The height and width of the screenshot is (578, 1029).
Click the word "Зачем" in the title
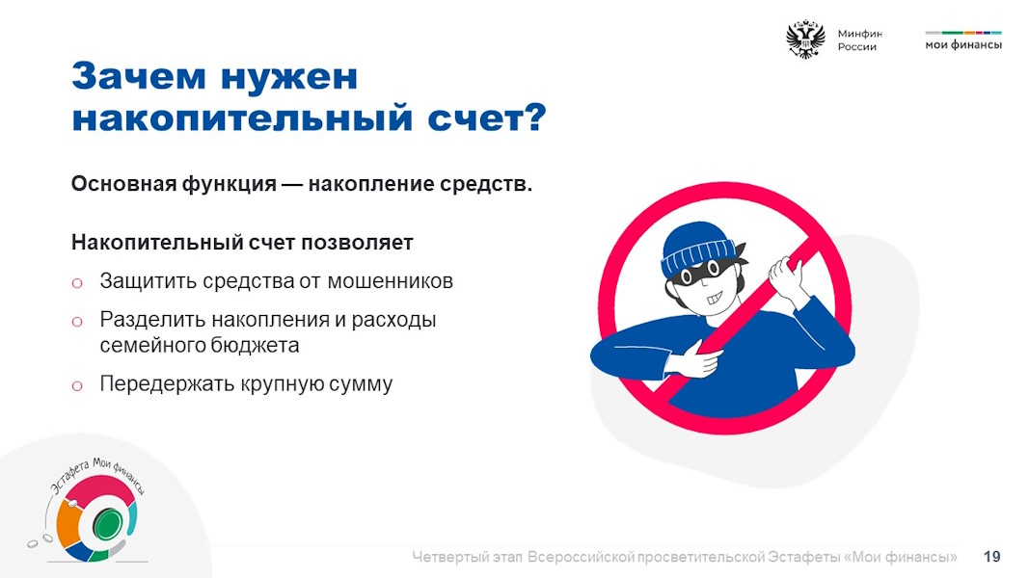point(139,76)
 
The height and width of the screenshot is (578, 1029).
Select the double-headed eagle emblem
point(805,39)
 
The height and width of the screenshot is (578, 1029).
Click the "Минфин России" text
point(859,39)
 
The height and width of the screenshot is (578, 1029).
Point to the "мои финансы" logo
point(963,40)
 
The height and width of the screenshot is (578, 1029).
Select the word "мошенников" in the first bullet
point(390,281)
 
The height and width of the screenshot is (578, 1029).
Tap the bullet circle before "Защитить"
point(77,283)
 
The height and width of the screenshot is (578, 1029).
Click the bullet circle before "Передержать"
point(77,385)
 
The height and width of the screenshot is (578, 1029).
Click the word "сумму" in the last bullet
point(361,384)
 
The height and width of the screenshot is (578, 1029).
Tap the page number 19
point(992,557)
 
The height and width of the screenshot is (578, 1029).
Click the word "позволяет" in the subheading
point(357,243)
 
